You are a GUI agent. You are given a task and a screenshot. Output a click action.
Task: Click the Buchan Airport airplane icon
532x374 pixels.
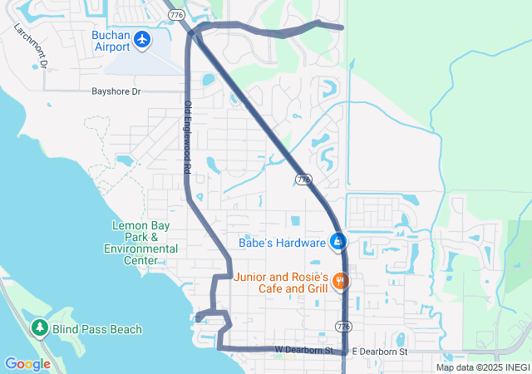[x=142, y=39]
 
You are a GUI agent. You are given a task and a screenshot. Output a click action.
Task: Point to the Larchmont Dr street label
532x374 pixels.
[x=32, y=45]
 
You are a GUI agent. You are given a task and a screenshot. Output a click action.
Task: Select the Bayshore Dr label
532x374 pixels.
[x=116, y=91]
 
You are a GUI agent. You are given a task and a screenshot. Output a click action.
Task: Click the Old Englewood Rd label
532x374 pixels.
[x=188, y=137]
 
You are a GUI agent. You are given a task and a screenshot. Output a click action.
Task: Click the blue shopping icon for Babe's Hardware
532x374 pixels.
[x=338, y=243]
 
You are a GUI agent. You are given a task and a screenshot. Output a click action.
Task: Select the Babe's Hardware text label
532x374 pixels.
[x=282, y=244]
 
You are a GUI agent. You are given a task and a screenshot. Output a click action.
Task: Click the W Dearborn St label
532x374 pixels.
[x=304, y=352]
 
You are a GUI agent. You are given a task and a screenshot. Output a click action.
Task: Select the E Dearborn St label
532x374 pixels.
[x=380, y=352]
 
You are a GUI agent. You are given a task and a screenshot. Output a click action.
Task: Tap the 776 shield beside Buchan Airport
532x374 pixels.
[x=175, y=15]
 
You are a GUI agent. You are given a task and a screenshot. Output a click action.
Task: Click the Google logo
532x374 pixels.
[x=27, y=363]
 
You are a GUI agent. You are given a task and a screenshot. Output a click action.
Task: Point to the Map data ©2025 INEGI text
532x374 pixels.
[x=482, y=367]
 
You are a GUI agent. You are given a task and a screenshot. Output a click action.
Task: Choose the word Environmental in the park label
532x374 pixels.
[x=140, y=249]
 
